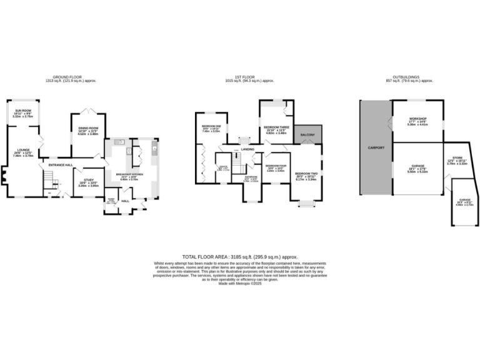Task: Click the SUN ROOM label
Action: point(23,110)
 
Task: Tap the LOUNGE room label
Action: point(23,150)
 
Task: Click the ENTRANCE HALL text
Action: point(61,165)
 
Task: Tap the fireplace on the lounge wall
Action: point(4,182)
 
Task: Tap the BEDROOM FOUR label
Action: point(276,165)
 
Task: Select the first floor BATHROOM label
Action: point(251,176)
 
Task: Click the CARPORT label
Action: point(376,147)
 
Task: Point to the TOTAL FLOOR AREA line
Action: point(239,257)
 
